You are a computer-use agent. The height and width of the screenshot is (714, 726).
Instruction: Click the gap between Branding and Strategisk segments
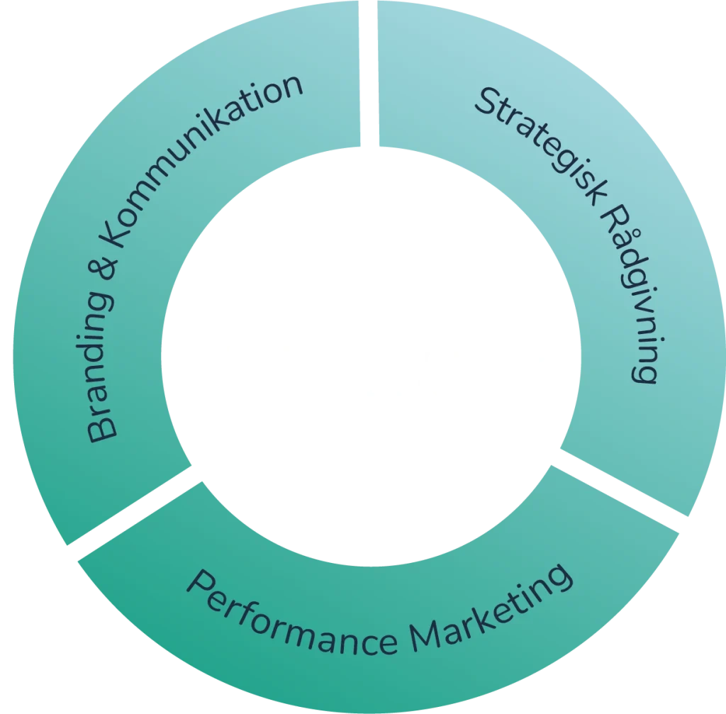pos(364,71)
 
